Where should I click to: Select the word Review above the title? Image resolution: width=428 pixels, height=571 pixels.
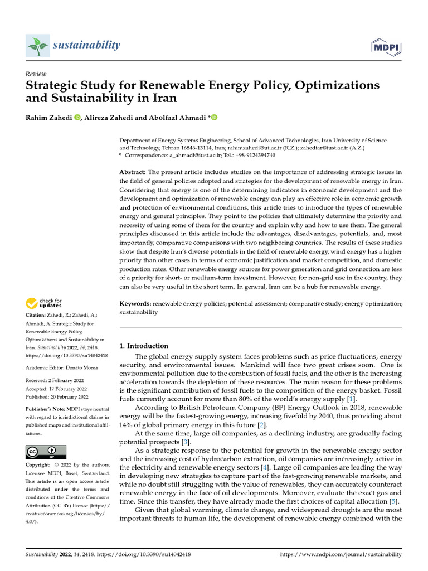tap(36, 74)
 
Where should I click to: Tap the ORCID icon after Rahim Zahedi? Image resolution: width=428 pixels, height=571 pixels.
tap(77, 117)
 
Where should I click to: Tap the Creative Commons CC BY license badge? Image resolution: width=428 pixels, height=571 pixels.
tap(46, 452)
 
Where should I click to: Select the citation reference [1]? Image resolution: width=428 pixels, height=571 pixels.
tap(351, 399)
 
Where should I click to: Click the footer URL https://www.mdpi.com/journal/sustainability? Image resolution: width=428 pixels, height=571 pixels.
tap(341, 554)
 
